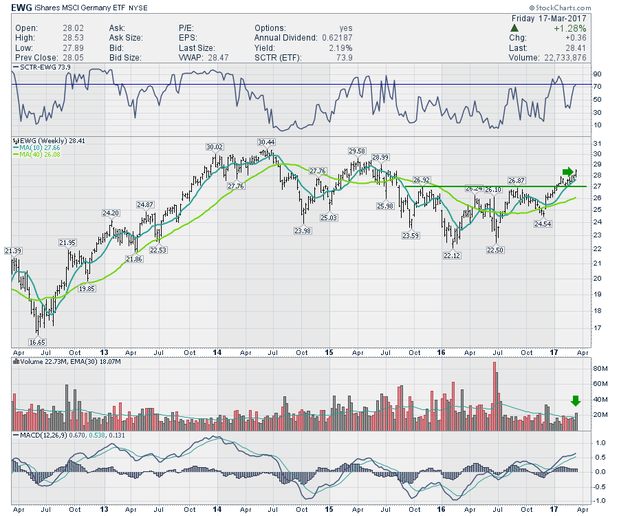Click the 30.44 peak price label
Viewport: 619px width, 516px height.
coord(265,142)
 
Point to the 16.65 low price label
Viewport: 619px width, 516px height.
coord(37,341)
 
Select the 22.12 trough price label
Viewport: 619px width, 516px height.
coord(450,256)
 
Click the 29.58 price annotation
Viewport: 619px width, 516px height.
coord(356,151)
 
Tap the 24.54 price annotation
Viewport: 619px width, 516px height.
coord(543,224)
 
